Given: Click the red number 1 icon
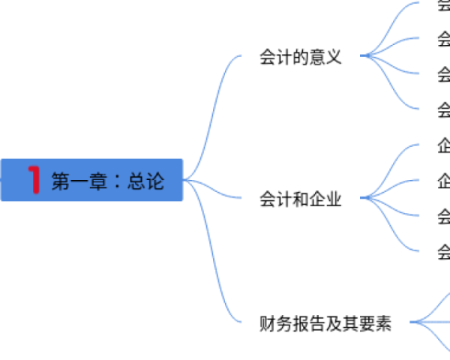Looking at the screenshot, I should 34,180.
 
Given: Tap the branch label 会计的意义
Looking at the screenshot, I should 300,57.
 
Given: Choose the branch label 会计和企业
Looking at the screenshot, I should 300,200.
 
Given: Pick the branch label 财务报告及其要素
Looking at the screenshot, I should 325,324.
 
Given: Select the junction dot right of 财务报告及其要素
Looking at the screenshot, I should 412,323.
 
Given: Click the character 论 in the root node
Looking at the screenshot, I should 154,181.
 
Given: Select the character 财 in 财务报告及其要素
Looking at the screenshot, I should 267,324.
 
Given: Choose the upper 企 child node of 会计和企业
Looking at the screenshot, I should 444,146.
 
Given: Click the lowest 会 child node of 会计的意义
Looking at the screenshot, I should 444,110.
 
